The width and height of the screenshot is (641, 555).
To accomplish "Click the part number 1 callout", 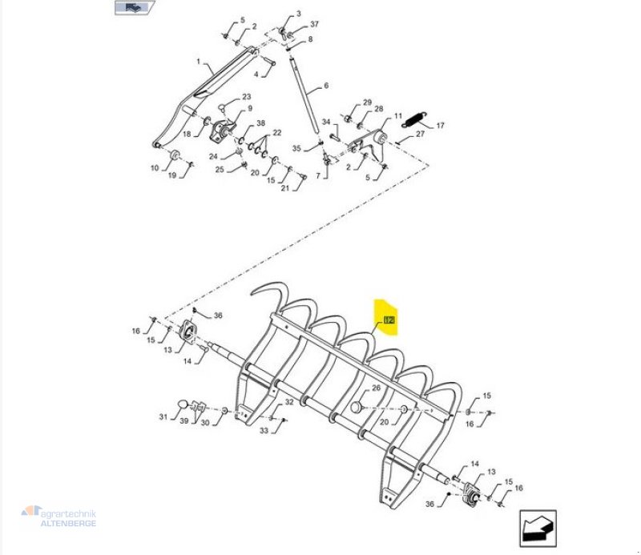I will tap(198, 62).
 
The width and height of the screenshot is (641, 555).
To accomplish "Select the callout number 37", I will tap(315, 24).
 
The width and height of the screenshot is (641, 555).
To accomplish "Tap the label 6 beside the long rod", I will tap(326, 86).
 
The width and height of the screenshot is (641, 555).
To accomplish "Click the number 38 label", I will tap(260, 124).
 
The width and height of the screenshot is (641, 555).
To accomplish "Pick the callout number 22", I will tap(277, 133).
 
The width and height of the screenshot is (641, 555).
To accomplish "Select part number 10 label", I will tap(155, 168).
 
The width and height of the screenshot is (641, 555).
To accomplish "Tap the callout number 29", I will tap(367, 103).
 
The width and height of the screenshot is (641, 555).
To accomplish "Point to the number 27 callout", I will tap(420, 135).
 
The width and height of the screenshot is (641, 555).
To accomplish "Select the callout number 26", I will tap(376, 388).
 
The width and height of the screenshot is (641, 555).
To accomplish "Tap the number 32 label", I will tap(289, 402).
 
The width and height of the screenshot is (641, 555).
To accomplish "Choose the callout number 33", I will tap(264, 432).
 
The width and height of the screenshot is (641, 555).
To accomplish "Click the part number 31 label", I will tap(163, 416).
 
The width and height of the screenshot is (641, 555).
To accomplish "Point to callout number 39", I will tap(184, 422).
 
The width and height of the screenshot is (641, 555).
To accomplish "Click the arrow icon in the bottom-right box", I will tap(538, 527).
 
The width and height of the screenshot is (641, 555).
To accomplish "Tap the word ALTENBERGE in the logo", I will tap(69, 523).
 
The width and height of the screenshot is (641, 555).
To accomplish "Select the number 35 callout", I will tap(296, 149).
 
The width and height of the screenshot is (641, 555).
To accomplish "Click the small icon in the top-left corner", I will tap(133, 8).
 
